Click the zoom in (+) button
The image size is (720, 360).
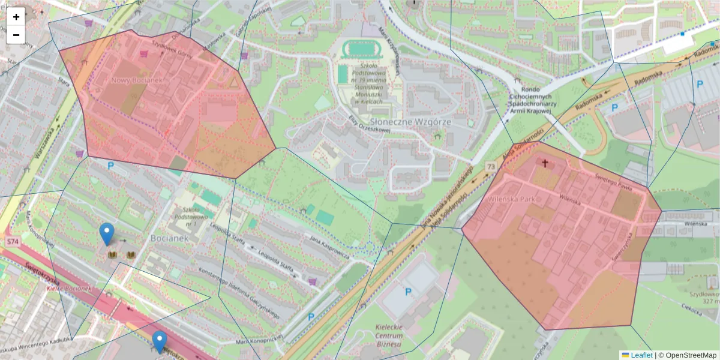16,17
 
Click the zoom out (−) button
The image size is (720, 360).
16,34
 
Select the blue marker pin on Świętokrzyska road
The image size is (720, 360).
159,342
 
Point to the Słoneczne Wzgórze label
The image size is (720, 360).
427,122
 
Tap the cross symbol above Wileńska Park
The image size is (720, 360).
545,163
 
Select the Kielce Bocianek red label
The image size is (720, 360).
68,289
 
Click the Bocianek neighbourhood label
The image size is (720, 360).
170,238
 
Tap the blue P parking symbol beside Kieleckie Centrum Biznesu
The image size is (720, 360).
409,292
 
